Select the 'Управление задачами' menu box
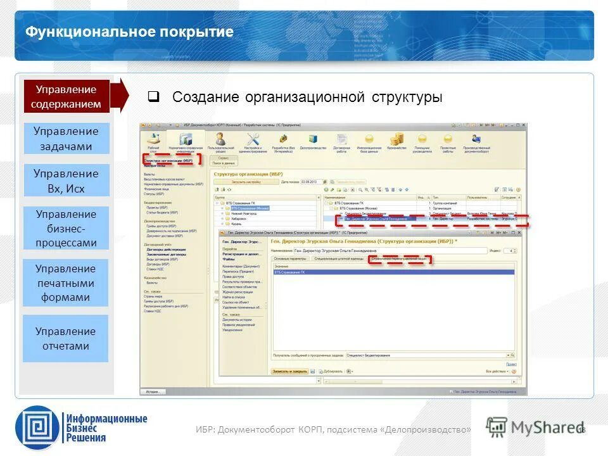(x=66, y=139)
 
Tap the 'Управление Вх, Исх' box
(x=66, y=180)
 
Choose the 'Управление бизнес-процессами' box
(x=66, y=228)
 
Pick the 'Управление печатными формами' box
(x=66, y=282)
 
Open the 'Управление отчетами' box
(x=66, y=338)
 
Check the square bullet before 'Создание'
(x=153, y=98)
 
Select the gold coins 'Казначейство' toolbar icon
(x=397, y=140)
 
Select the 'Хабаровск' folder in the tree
(x=239, y=218)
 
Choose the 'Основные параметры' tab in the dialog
(x=291, y=259)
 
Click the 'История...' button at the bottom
(x=153, y=392)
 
